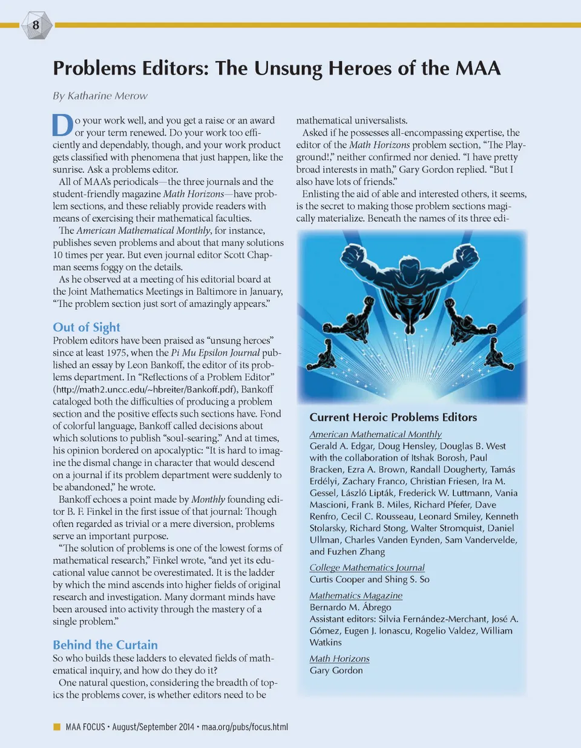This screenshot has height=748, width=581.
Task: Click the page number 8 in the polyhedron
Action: [36, 25]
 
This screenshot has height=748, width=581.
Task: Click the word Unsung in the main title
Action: [287, 68]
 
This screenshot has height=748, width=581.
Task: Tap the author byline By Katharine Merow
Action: [100, 96]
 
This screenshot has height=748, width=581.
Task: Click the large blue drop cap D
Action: [62, 126]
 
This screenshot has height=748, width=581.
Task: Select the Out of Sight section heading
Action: [87, 327]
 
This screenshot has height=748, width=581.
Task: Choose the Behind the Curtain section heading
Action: [105, 645]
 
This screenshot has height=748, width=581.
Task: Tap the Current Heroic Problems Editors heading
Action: [393, 417]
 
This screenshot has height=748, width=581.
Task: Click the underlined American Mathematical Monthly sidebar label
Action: [375, 434]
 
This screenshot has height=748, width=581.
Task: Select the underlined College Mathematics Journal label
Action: [367, 568]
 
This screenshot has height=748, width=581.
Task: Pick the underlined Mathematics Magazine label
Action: [356, 595]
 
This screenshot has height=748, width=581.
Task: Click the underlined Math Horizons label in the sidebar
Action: [340, 658]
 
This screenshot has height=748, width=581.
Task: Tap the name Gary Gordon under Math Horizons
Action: [336, 671]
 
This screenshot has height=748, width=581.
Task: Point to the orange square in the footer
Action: [57, 726]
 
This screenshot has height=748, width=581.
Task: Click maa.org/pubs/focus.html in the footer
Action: [245, 727]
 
